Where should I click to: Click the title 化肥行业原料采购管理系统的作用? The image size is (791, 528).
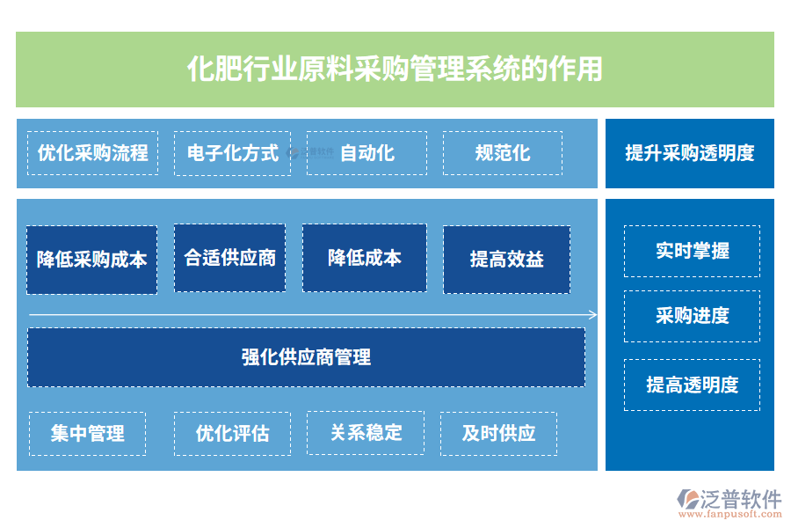click(395, 69)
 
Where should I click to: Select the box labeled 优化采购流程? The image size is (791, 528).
click(92, 153)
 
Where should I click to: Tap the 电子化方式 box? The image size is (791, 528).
click(232, 153)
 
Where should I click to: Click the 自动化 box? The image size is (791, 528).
click(366, 153)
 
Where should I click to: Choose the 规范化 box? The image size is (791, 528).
click(502, 153)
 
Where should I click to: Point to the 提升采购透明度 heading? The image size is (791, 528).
click(689, 153)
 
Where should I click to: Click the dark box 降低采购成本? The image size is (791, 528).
click(91, 260)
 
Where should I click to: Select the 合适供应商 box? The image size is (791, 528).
click(229, 258)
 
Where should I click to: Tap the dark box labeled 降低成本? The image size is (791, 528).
click(365, 258)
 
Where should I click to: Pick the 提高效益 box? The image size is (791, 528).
click(506, 260)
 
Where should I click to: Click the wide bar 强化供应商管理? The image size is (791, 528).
click(306, 356)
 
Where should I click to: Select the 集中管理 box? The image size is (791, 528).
click(87, 433)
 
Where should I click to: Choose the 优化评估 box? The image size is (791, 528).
click(232, 433)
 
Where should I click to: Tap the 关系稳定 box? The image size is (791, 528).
click(366, 432)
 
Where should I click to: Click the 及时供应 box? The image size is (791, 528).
click(498, 433)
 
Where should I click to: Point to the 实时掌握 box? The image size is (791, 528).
click(692, 251)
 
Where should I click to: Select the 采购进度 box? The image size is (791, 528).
click(692, 316)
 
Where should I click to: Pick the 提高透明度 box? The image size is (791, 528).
click(692, 385)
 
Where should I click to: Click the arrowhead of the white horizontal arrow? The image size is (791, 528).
click(593, 315)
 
